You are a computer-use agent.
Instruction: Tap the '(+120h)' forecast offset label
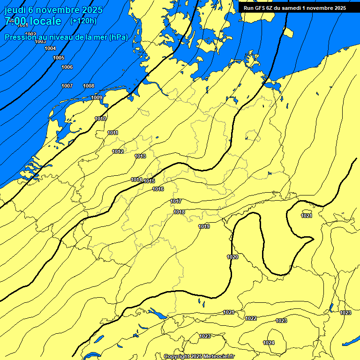coord(83,21)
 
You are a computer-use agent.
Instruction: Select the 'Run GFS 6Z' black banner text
coord(295,8)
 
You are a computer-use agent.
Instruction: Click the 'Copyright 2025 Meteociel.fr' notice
coord(199,356)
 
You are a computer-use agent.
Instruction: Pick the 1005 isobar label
coord(59,58)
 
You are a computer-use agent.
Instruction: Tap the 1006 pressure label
coord(67,67)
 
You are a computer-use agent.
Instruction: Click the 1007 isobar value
coord(67,86)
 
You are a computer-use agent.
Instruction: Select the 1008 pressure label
coord(89,86)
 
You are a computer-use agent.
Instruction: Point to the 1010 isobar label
coord(100,119)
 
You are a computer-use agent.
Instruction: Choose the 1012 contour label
coord(118,151)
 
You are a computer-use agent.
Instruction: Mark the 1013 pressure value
coord(140,156)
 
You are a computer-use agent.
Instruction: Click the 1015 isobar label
coord(150,181)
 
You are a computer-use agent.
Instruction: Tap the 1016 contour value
coord(158,189)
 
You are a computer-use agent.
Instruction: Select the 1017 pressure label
coord(176,201)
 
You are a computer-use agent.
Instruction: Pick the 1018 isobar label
coord(179,212)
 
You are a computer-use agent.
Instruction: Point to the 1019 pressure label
coord(204,226)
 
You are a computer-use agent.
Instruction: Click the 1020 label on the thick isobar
coord(232,257)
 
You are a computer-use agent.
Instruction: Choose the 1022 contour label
coord(251,318)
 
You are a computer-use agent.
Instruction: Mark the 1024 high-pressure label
coord(269,343)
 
